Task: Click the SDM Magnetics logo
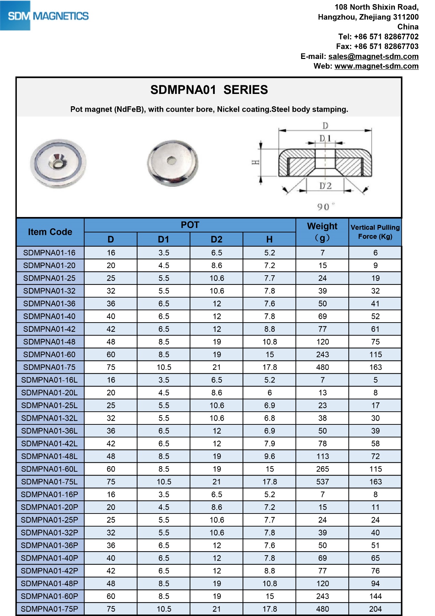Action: pos(45,16)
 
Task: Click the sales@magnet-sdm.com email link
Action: pos(373,56)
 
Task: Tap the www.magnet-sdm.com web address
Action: pos(376,66)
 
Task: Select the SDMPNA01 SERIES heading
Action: pos(209,90)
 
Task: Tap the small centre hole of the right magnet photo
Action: pos(172,160)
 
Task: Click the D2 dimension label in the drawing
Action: pos(325,186)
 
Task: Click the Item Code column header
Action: pos(50,232)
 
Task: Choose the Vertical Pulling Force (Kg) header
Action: pos(375,232)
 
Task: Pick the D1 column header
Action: pos(164,239)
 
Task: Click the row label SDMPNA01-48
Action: pos(49,342)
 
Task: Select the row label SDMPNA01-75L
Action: pos(49,482)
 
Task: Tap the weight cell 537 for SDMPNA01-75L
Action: pos(322,482)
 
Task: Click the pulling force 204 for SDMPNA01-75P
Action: pos(375,609)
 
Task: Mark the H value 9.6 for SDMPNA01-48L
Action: pos(270,456)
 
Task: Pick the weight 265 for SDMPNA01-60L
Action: pos(322,469)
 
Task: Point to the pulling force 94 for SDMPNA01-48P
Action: pos(375,583)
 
